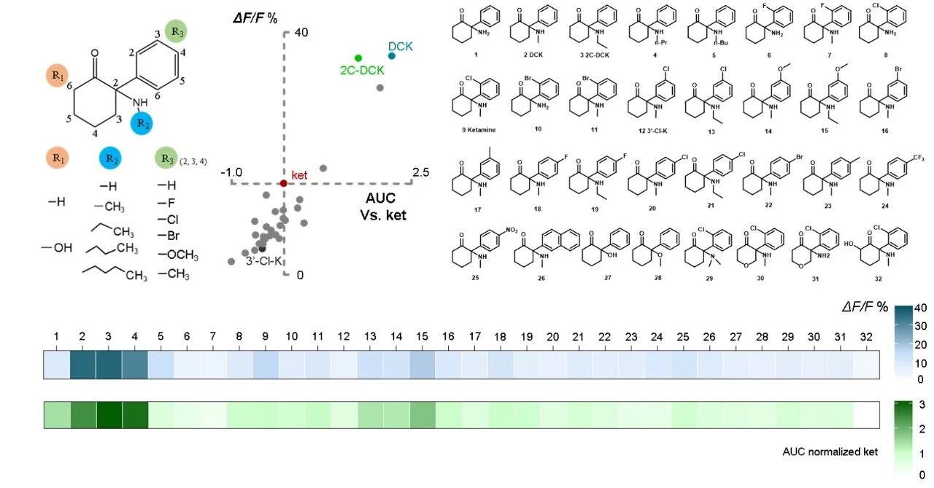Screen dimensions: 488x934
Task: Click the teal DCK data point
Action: tap(392, 56)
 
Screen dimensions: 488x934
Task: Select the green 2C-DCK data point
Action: tap(358, 58)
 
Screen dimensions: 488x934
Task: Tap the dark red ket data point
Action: tap(284, 183)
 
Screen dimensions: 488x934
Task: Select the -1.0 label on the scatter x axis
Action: tap(231, 172)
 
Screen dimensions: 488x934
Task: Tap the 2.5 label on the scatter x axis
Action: tap(422, 172)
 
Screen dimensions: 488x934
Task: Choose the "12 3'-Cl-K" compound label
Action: tap(649, 129)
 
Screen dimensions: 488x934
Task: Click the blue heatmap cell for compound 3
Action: tap(109, 364)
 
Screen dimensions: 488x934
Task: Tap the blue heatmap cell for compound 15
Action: tap(422, 364)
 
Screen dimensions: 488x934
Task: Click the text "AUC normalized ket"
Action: tap(830, 452)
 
